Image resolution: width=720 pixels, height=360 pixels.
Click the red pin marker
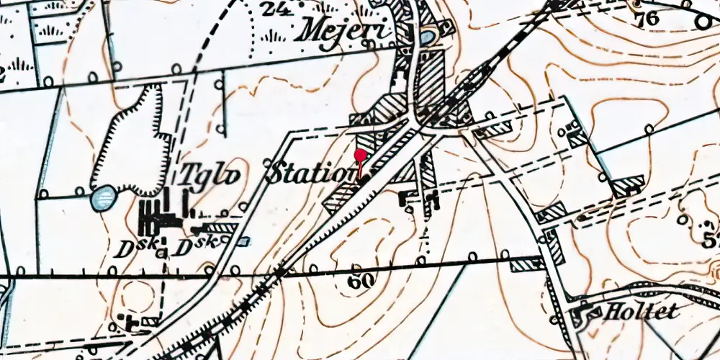[361, 154]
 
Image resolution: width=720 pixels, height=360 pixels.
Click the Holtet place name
[632, 312]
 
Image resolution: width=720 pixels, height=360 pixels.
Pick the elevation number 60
[360, 282]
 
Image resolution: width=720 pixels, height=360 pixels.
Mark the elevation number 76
[647, 19]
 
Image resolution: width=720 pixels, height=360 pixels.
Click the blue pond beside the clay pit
[104, 197]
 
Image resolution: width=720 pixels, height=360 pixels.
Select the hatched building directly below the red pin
[341, 197]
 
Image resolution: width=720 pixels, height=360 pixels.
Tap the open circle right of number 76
[702, 22]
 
